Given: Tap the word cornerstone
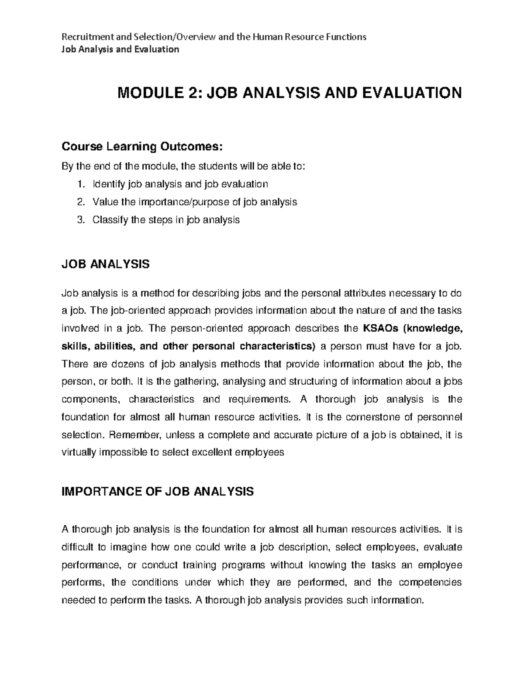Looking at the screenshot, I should (373, 417).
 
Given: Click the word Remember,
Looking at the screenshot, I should (135, 435).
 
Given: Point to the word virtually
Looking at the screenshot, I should (79, 452).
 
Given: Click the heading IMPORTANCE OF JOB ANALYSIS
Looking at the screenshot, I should (158, 492).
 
